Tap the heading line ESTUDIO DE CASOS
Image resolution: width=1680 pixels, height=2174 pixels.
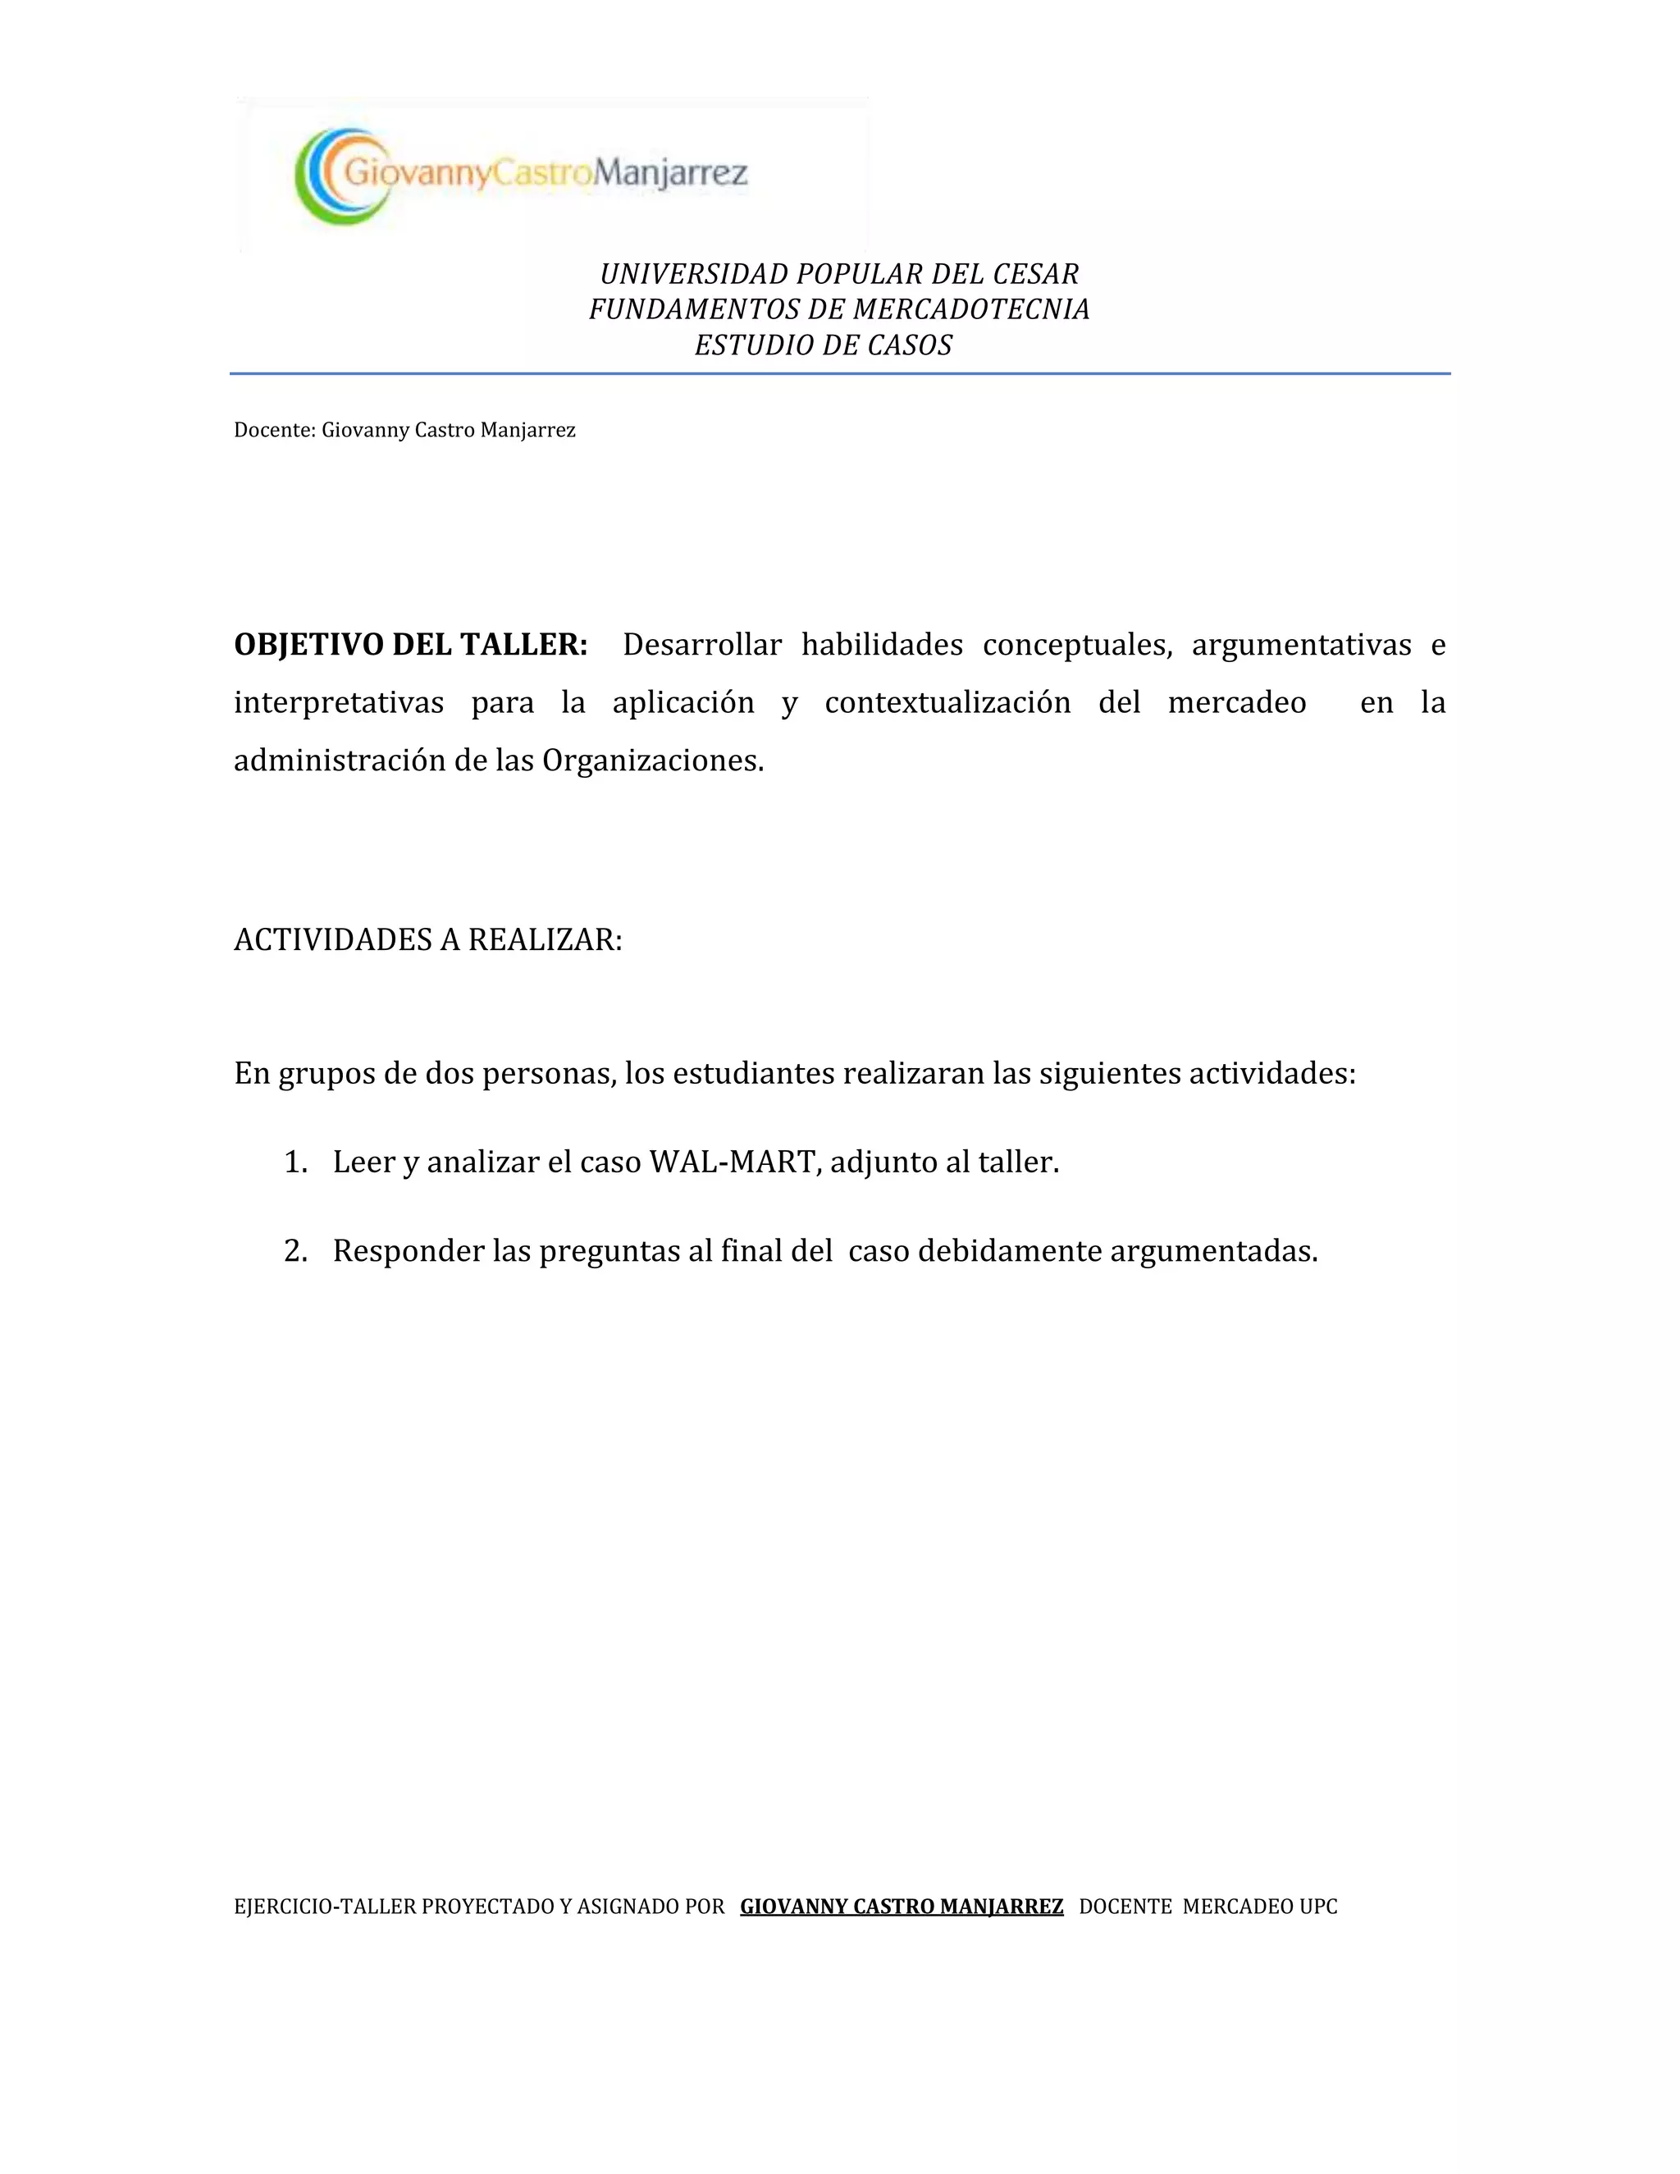(x=823, y=345)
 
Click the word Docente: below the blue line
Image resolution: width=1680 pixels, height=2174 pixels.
(x=275, y=430)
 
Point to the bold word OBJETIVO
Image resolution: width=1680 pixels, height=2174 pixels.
(x=308, y=645)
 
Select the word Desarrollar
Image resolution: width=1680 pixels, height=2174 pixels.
(x=701, y=645)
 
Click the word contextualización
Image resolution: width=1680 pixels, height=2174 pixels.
(x=947, y=703)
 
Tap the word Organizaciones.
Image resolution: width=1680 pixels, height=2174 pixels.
(x=653, y=760)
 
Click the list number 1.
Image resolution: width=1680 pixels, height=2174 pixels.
(x=294, y=1162)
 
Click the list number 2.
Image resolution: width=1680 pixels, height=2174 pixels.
(x=294, y=1251)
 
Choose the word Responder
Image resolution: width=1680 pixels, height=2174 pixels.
(x=408, y=1251)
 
